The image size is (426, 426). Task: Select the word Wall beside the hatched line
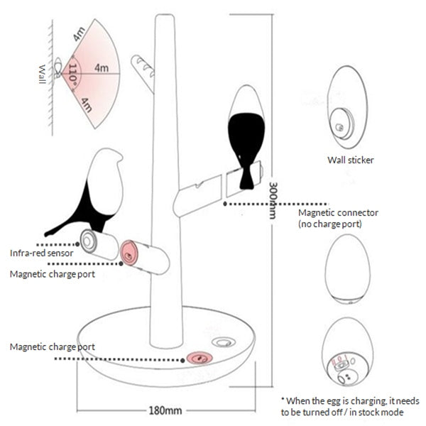click(x=43, y=74)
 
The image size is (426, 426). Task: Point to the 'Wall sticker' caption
click(x=350, y=160)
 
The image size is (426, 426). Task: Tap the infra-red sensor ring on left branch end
click(x=89, y=241)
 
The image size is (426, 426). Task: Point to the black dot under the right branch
click(x=225, y=202)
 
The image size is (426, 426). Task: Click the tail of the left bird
click(x=57, y=229)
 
